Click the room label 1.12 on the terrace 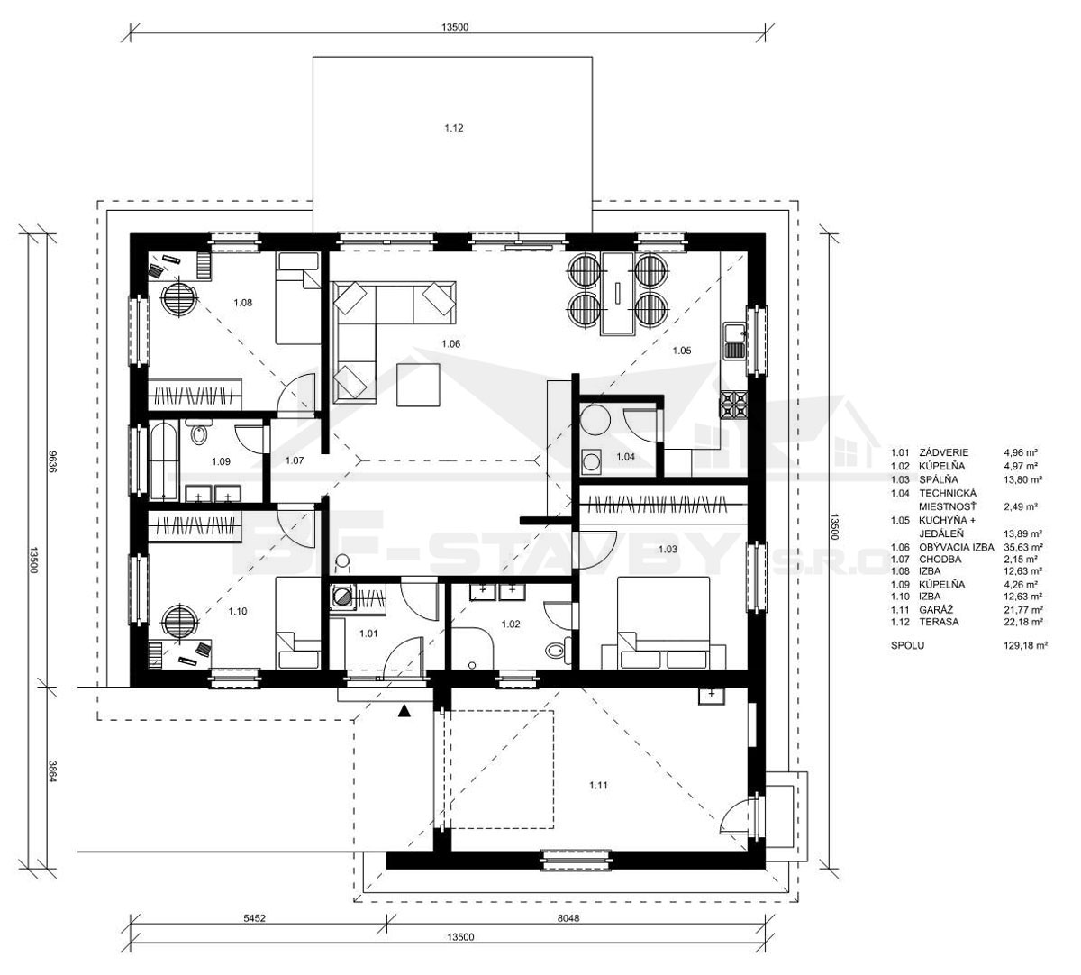click(x=453, y=128)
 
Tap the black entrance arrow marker click(x=404, y=712)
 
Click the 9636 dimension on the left click(x=52, y=461)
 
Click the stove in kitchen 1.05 click(x=733, y=405)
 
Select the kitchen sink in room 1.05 click(x=734, y=341)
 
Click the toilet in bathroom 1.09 click(x=199, y=433)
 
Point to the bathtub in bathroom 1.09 click(x=163, y=460)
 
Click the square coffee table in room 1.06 click(x=418, y=385)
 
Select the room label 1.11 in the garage click(x=598, y=785)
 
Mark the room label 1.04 click(x=625, y=457)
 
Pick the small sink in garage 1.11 click(x=712, y=696)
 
